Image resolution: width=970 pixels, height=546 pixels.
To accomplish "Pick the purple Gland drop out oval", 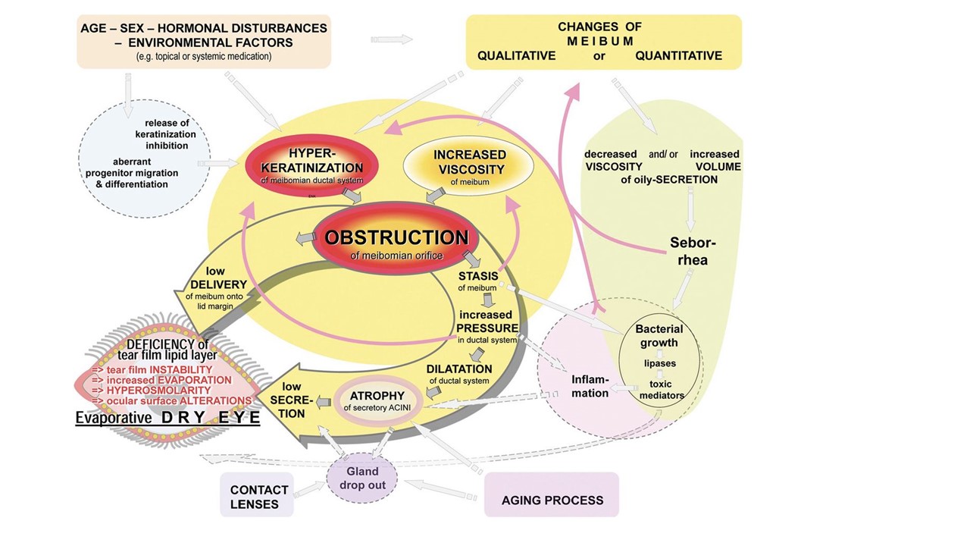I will tap(361, 479).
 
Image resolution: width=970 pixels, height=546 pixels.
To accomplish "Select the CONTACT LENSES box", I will tap(259, 497).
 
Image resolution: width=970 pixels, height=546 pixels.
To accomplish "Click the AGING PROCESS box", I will tap(552, 500).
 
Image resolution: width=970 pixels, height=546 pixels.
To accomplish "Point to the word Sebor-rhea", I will tap(693, 251).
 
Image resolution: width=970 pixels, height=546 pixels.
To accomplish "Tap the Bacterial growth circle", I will tap(659, 335).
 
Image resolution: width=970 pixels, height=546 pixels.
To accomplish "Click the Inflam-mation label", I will tap(590, 386).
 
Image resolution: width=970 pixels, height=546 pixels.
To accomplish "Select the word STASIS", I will tap(478, 276).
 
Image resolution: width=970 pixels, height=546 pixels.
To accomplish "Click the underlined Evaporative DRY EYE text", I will tap(167, 418).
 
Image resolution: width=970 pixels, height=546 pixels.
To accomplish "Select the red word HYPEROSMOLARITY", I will tap(152, 390).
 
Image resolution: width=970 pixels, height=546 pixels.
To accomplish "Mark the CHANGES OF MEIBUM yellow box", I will tap(602, 42).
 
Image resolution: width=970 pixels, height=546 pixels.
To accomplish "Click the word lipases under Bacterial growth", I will tap(660, 363).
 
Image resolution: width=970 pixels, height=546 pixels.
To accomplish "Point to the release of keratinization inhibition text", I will tap(166, 134).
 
